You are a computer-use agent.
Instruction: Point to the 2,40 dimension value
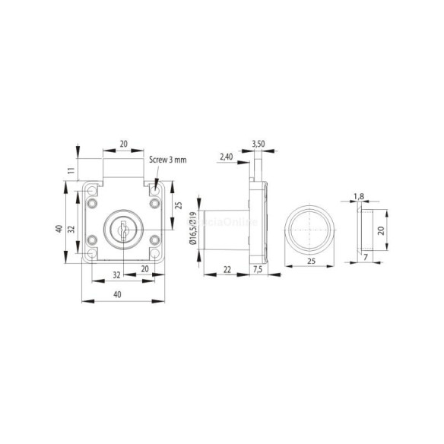(x=226, y=157)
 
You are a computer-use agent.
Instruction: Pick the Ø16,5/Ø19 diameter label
(x=192, y=230)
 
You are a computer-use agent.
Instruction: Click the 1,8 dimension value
(x=359, y=197)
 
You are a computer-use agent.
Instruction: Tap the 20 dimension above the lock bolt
(x=122, y=144)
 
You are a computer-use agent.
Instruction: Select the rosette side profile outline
(x=365, y=229)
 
